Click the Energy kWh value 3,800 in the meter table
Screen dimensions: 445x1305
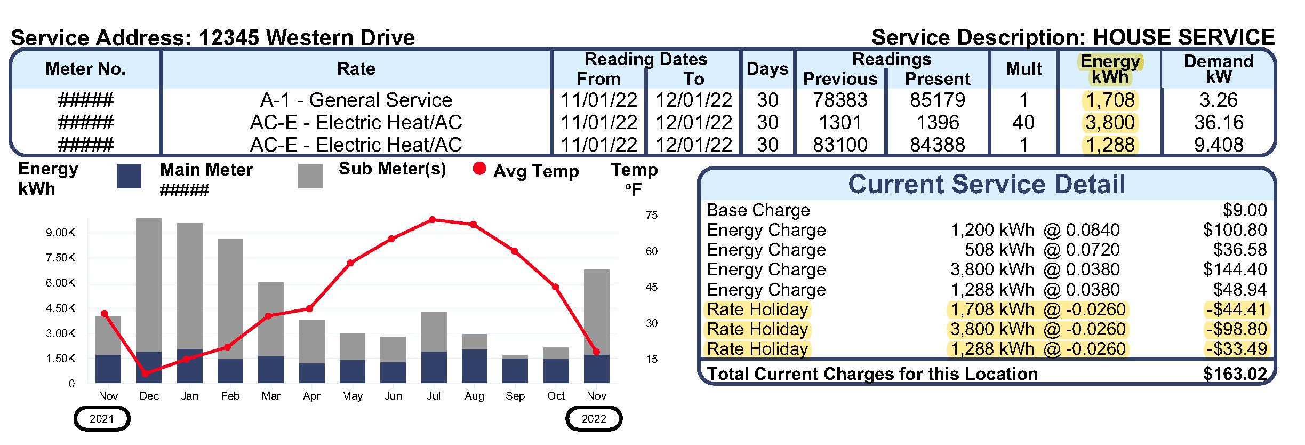[x=1110, y=123]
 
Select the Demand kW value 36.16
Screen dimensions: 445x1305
[x=1219, y=123]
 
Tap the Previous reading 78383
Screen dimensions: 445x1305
[x=840, y=100]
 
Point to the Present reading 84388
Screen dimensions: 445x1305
[x=937, y=145]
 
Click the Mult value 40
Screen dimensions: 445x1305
[x=1023, y=123]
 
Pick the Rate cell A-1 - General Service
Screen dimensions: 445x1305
[x=356, y=100]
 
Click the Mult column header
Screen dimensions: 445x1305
[x=1023, y=69]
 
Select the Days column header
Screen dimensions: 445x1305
[x=767, y=69]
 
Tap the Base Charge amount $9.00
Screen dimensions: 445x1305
[x=1244, y=210]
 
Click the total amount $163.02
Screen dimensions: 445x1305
[x=1235, y=374]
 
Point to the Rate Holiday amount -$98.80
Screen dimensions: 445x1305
[x=1237, y=329]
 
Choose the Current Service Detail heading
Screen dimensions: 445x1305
[x=986, y=185]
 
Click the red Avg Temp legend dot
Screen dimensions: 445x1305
[x=479, y=169]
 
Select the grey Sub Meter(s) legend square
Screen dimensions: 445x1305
[x=310, y=176]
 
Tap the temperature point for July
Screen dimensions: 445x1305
[x=433, y=220]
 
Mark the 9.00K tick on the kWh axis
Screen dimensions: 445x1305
[x=60, y=233]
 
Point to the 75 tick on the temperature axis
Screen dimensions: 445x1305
[x=651, y=215]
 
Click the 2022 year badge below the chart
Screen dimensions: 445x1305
[x=594, y=419]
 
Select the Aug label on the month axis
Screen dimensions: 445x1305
[x=474, y=396]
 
